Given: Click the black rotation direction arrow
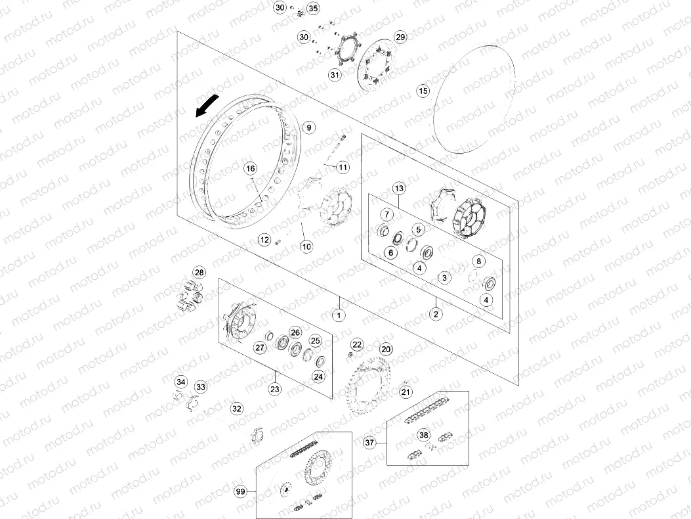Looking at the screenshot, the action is [x=207, y=106].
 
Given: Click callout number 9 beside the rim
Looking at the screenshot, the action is [x=309, y=127].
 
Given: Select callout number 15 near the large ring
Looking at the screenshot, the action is [x=423, y=91].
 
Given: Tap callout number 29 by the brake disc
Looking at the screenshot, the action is [x=400, y=37].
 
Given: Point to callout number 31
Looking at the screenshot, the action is [x=335, y=75].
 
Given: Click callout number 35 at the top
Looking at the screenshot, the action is [x=312, y=8].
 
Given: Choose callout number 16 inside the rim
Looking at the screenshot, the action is [x=250, y=169].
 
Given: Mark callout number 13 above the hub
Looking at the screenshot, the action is [x=399, y=189].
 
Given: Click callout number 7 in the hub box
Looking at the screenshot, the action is [x=387, y=215].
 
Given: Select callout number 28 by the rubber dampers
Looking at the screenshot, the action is [x=199, y=272].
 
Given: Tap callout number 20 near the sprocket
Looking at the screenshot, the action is [x=386, y=349].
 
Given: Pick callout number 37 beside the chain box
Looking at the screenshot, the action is [x=369, y=442].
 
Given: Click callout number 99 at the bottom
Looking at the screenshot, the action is [x=240, y=491].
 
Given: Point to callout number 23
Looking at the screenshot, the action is [x=274, y=389].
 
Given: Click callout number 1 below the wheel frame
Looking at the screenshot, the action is [x=339, y=315].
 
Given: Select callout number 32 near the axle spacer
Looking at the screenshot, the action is [x=237, y=409].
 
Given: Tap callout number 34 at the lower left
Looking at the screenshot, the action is [x=180, y=382].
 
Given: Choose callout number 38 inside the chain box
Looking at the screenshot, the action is [x=423, y=436].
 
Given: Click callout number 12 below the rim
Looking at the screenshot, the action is [x=264, y=240].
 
